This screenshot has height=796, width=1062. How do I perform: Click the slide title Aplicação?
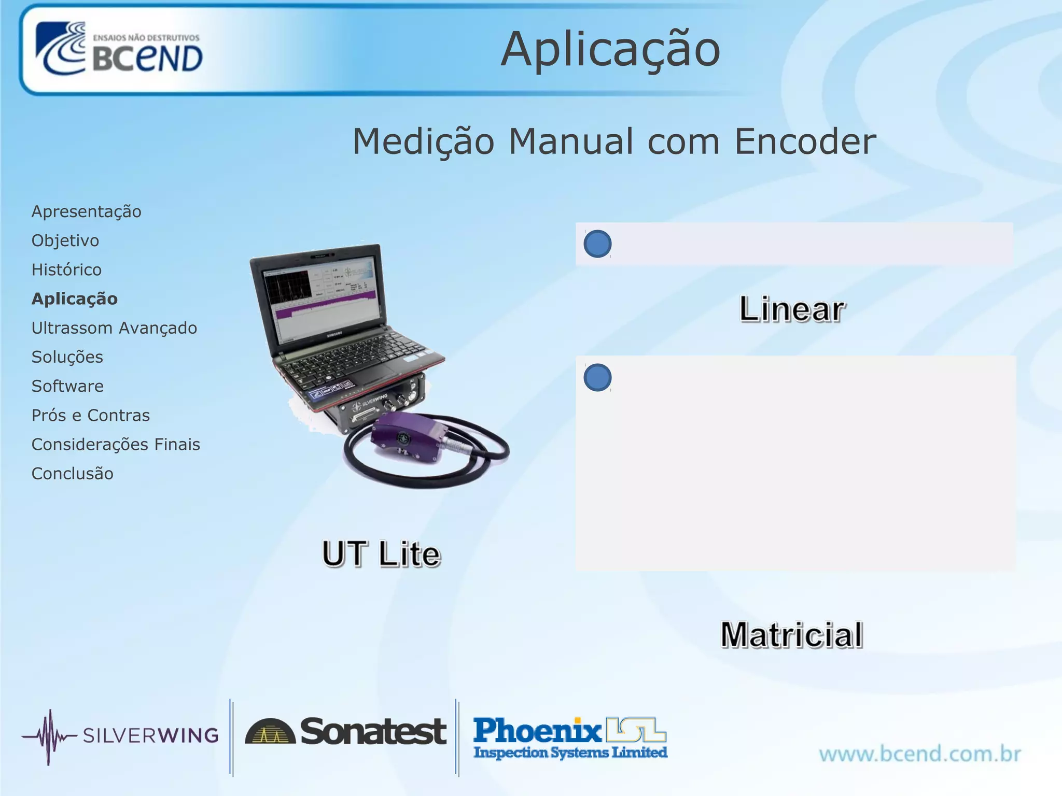click(610, 50)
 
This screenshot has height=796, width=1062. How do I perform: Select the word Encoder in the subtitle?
click(805, 141)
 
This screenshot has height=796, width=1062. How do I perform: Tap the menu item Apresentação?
click(86, 212)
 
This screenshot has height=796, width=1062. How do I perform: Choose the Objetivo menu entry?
click(65, 241)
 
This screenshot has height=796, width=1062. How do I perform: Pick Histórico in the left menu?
click(66, 270)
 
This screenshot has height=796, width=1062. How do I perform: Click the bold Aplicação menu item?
click(75, 299)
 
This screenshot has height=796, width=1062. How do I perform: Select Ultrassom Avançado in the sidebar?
click(114, 328)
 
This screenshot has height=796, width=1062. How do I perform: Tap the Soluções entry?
click(67, 357)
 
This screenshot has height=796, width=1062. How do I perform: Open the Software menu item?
click(67, 386)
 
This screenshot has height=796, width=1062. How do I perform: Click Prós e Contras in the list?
click(91, 416)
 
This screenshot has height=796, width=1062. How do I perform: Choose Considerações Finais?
click(116, 445)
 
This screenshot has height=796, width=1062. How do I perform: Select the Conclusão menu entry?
click(73, 474)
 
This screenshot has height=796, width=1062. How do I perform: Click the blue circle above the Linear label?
click(597, 244)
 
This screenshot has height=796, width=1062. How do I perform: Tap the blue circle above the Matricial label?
click(597, 377)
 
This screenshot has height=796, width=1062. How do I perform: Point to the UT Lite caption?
click(381, 554)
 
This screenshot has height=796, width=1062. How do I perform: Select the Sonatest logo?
click(345, 732)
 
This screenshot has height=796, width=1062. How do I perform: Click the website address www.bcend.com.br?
click(920, 754)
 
